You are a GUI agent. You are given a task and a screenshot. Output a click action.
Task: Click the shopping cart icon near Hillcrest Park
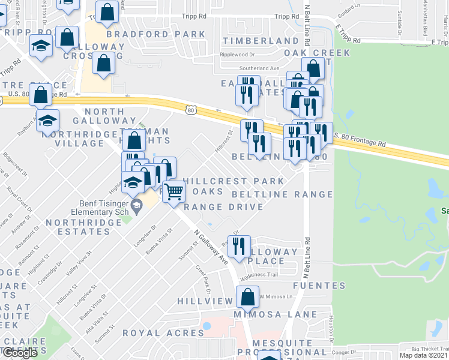173,192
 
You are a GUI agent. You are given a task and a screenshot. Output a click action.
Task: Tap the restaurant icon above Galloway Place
240,246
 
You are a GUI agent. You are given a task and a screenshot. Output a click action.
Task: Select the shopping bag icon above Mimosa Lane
247,297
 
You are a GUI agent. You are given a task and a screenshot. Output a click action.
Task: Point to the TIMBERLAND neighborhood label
261,41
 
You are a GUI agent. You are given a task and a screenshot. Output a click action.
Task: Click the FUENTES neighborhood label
319,286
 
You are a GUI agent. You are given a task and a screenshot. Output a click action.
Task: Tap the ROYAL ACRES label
163,333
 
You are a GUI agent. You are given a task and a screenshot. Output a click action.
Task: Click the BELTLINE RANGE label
282,194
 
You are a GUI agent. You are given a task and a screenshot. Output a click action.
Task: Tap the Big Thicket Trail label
430,348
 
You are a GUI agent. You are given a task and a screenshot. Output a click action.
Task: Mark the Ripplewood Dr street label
238,54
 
